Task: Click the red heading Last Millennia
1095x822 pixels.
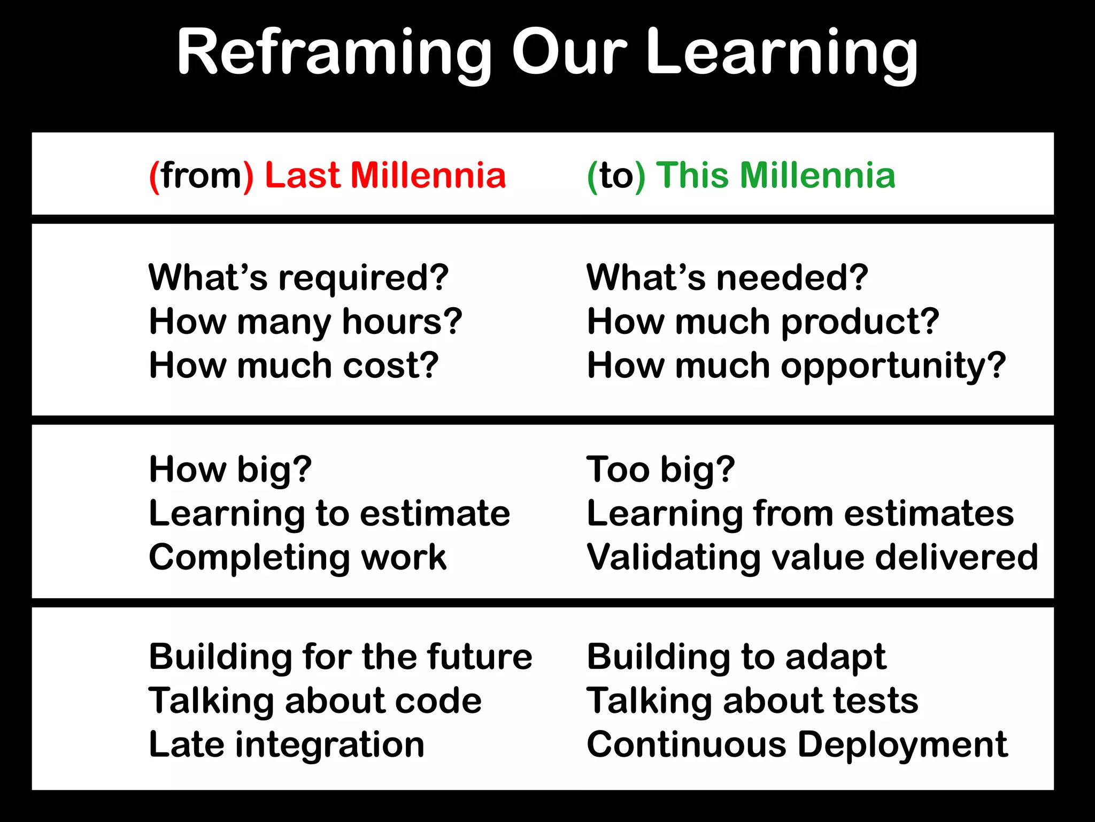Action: point(385,176)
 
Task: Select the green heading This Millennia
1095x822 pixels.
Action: point(775,176)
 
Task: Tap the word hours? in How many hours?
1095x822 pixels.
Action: point(402,322)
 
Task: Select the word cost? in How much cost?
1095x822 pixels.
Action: point(390,366)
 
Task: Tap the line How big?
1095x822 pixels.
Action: point(230,470)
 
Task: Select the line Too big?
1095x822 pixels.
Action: point(660,470)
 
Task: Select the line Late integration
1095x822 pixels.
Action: point(287,745)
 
